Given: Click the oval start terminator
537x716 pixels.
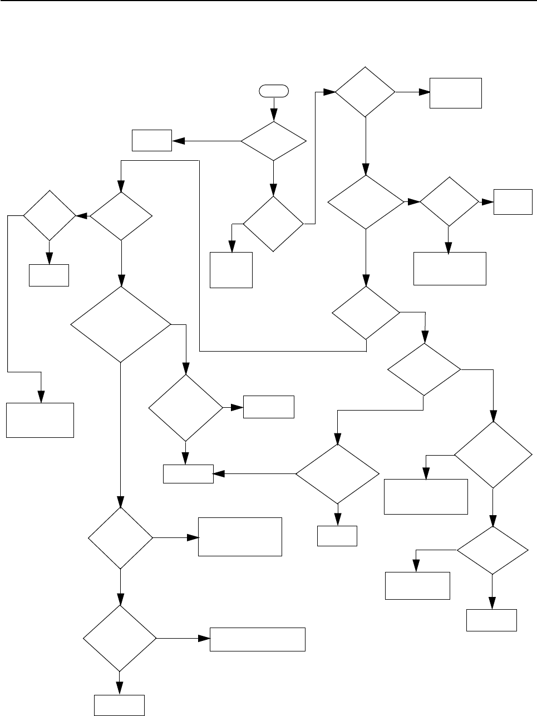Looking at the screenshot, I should point(273,90).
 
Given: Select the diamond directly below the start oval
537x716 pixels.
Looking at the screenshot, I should point(273,141).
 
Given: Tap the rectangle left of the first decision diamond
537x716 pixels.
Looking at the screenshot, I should point(151,140).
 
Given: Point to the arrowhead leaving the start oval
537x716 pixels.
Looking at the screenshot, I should point(273,117).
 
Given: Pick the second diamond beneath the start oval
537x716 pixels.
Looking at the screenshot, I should point(273,224).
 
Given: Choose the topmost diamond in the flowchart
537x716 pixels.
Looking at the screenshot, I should point(365,92).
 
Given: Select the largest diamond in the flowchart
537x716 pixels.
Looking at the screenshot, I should point(121,325).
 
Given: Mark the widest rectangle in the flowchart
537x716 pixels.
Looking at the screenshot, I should point(257,639).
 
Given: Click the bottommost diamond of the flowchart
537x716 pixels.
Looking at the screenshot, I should point(120,639).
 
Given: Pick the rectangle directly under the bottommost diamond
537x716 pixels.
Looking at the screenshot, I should point(120,705).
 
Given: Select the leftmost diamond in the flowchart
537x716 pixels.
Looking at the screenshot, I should point(49,215).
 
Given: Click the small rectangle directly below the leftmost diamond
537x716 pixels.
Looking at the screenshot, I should point(49,275).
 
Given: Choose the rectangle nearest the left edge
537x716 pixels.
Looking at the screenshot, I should point(40,420).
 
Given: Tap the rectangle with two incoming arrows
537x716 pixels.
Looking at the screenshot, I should point(188,474).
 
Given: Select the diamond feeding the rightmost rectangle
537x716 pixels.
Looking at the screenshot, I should point(449,203).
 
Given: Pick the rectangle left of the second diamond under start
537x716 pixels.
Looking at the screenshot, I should point(231,270).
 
